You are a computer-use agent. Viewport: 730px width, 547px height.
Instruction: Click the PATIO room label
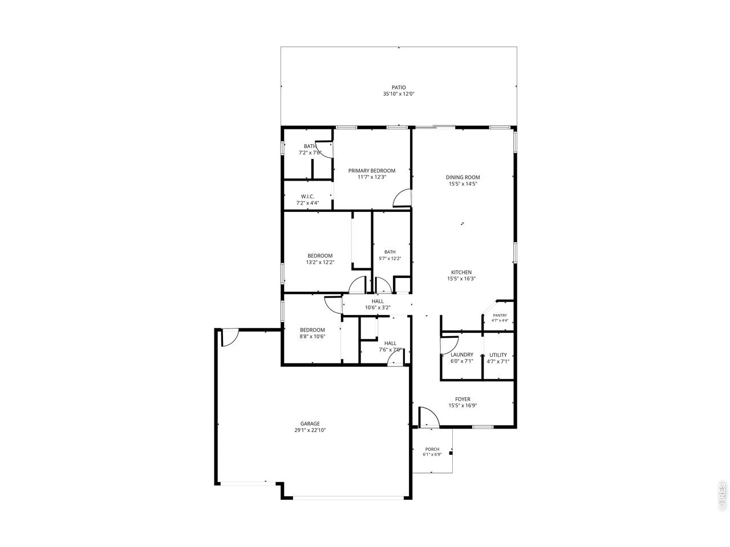click(x=399, y=87)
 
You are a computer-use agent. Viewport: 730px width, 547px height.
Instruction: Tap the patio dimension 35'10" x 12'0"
click(x=399, y=94)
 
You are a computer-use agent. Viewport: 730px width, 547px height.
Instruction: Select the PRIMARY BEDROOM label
click(x=372, y=171)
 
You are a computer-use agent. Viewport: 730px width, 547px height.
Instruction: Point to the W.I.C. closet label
click(x=307, y=197)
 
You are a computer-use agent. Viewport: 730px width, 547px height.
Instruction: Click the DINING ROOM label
click(x=463, y=177)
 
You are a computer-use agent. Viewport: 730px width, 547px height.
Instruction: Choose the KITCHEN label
click(x=461, y=272)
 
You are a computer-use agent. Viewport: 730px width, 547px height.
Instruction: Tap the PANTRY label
click(x=500, y=316)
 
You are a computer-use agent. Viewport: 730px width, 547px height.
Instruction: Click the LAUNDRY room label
click(x=462, y=355)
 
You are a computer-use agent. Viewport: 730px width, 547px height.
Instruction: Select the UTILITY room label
click(x=498, y=355)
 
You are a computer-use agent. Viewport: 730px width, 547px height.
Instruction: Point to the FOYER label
click(x=463, y=399)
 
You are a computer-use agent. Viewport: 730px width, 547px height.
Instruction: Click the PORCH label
click(x=432, y=450)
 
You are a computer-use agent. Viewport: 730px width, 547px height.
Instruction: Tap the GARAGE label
click(x=310, y=424)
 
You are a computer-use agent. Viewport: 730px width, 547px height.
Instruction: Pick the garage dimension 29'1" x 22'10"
click(x=310, y=430)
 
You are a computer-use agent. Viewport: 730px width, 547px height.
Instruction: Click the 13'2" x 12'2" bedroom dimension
click(x=320, y=262)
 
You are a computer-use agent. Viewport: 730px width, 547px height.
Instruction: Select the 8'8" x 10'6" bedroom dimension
click(x=313, y=336)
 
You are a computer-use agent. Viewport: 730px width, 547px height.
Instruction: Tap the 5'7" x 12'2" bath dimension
click(x=390, y=258)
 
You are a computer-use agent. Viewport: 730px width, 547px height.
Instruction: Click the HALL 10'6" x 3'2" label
click(x=378, y=304)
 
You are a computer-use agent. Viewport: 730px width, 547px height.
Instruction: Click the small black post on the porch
click(x=451, y=452)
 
